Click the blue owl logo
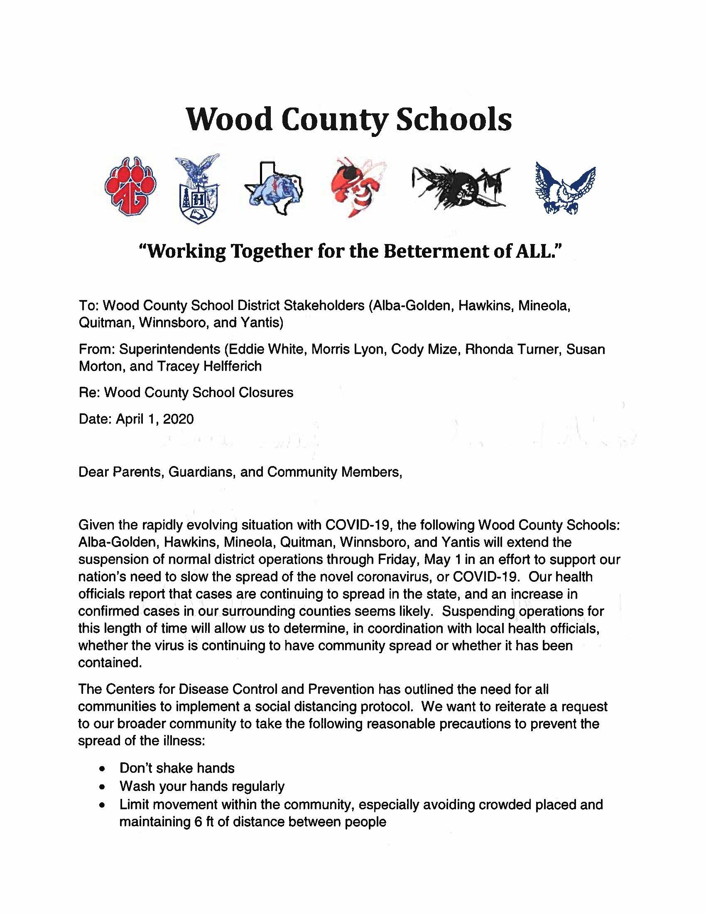(x=566, y=188)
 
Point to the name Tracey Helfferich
(x=209, y=366)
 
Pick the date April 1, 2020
(x=155, y=419)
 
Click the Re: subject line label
(x=89, y=393)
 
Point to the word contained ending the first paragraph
(x=110, y=663)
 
